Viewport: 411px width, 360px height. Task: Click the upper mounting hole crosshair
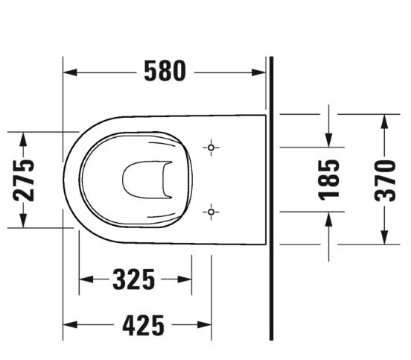click(212, 148)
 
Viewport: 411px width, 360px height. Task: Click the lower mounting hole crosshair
click(212, 212)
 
